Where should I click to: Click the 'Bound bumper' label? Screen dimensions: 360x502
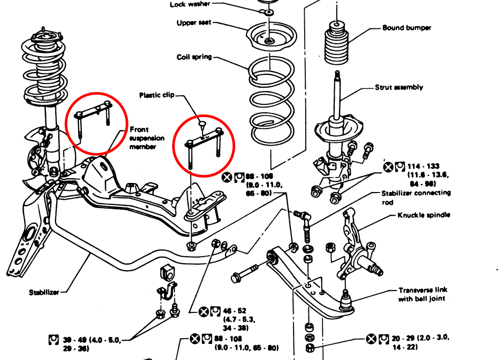pos(406,28)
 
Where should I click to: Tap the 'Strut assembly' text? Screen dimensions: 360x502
pos(399,87)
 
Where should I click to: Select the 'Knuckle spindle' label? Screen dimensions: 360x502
pos(424,215)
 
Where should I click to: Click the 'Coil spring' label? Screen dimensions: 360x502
pos(195,57)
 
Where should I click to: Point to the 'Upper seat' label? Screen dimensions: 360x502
pos(194,23)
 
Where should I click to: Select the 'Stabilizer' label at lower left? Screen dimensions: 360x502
pos(44,293)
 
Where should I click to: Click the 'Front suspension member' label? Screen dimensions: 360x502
pos(146,138)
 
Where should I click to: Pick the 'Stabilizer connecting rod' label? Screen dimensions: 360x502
pos(416,197)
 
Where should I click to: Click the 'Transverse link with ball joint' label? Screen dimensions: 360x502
pos(422,294)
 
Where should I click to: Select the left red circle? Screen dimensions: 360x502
pos(96,123)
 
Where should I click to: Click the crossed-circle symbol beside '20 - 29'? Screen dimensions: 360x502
pos(372,339)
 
